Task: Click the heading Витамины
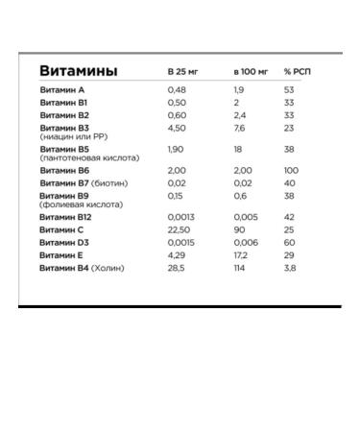pyautogui.click(x=79, y=72)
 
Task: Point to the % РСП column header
pyautogui.click(x=297, y=74)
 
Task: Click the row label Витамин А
pyautogui.click(x=62, y=89)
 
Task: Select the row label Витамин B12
pyautogui.click(x=65, y=216)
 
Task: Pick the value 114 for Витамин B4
pyautogui.click(x=240, y=268)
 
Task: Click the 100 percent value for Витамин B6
pyautogui.click(x=291, y=170)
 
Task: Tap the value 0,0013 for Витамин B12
pyautogui.click(x=180, y=216)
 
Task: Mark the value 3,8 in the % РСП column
pyautogui.click(x=290, y=268)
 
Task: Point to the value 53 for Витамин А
pyautogui.click(x=289, y=89)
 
